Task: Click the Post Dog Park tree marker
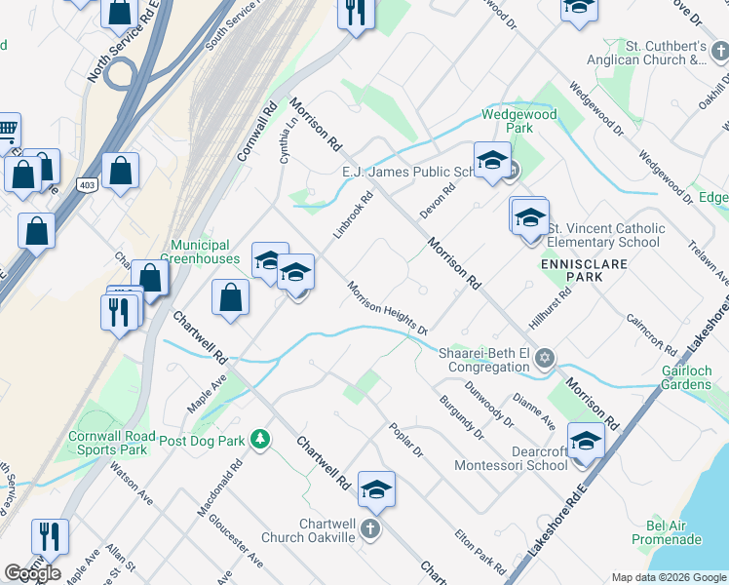tap(259, 440)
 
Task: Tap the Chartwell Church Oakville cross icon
tap(369, 529)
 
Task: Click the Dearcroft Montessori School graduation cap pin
tap(585, 440)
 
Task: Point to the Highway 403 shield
tap(87, 184)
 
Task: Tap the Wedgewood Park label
tap(520, 121)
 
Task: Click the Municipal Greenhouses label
tap(201, 252)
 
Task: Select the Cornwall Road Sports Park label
tap(108, 443)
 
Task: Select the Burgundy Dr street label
tap(460, 414)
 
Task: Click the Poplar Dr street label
tap(405, 440)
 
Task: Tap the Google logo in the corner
tap(33, 573)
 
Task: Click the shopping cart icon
tap(7, 128)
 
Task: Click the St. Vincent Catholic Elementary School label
tap(605, 235)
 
